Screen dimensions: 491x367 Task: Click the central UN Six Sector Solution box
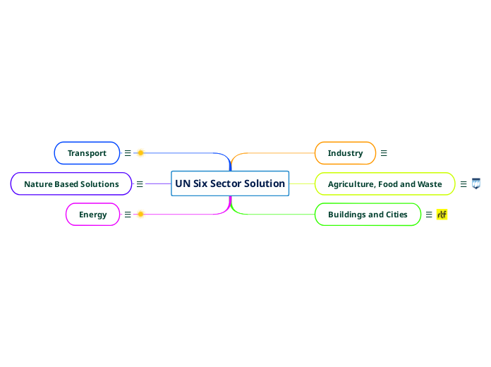230,183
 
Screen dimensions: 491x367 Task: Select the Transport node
87,153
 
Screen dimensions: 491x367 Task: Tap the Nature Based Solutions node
71,184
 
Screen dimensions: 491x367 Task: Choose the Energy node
92,215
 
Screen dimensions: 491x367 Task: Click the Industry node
345,153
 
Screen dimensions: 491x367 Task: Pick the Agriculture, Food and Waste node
384,184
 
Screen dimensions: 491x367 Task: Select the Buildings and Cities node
368,215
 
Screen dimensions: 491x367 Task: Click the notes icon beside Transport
128,152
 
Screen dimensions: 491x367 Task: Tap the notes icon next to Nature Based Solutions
140,184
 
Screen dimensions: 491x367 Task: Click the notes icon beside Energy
128,215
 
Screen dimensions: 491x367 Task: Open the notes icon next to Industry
384,152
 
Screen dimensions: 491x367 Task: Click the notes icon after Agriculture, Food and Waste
463,184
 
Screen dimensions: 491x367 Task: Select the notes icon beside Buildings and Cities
429,215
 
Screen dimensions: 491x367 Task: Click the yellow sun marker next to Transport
140,152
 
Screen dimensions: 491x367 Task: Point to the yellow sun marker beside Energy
140,215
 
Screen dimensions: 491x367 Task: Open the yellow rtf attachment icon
442,215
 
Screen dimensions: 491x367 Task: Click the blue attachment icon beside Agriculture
476,183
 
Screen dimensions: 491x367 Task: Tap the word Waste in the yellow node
429,184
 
